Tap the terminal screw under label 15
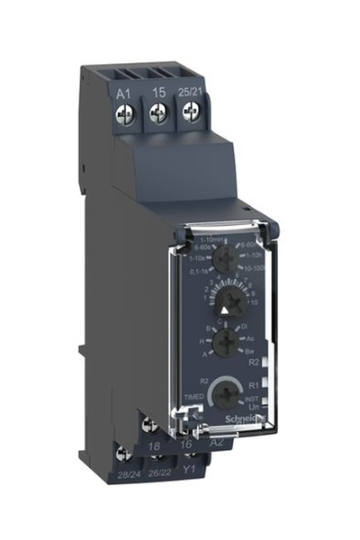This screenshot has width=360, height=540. [x=158, y=112]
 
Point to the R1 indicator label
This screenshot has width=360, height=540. [x=254, y=384]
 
